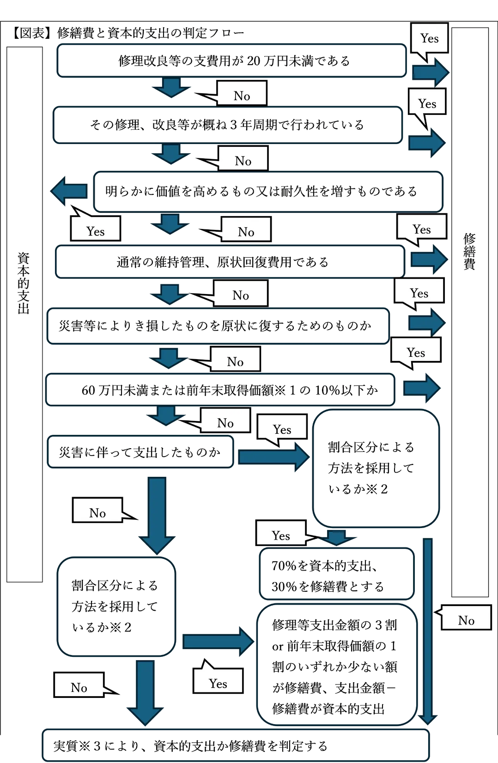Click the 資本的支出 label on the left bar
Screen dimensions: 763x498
pos(24,282)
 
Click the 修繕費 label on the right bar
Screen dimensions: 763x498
pos(469,252)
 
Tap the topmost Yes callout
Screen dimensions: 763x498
pos(429,38)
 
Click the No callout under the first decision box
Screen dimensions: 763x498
pos(242,95)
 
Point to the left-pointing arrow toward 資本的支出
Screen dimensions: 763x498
pos(69,191)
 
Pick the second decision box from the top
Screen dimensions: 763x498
pos(227,125)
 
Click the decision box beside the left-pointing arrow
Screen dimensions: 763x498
pos(268,191)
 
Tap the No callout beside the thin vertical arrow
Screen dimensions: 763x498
pos(466,619)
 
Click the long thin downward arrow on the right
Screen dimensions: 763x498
pos(428,628)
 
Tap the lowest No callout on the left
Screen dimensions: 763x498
pos(79,687)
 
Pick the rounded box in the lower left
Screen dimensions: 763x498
pos(115,607)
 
